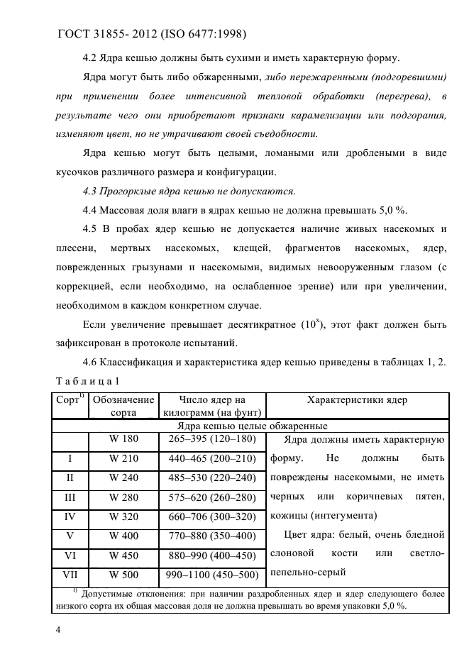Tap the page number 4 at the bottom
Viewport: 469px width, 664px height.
coord(58,629)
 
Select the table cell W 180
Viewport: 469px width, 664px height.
coord(123,439)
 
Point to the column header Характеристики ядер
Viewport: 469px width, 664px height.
coord(356,400)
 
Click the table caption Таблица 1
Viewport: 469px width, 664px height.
coord(88,382)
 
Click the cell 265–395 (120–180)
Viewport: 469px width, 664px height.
coord(212,439)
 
